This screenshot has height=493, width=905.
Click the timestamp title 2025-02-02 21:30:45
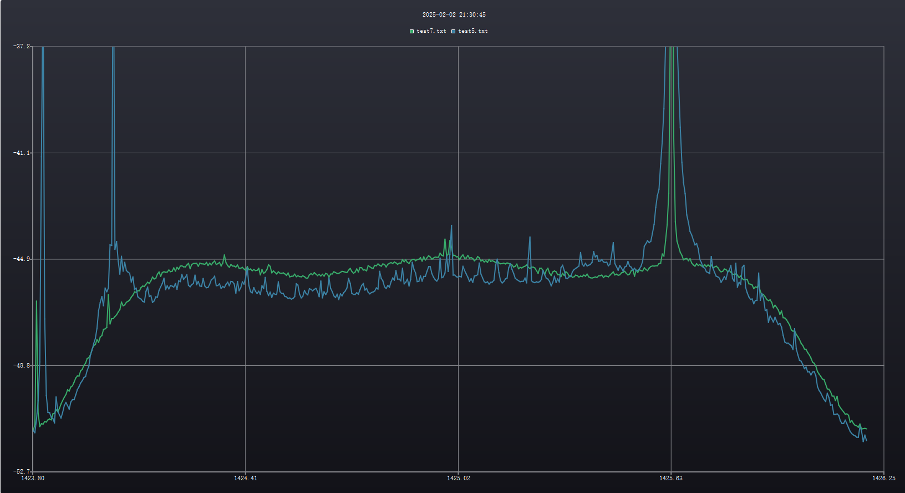454,14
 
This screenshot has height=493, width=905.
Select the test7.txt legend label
431,31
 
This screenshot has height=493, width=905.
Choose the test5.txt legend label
473,31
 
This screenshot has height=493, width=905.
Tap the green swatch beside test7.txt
411,31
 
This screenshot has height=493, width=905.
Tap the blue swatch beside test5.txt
453,31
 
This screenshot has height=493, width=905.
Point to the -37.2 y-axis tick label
22,47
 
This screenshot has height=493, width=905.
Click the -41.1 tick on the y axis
22,153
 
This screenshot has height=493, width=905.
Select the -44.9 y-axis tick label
22,259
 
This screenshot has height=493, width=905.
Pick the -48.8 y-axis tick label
22,365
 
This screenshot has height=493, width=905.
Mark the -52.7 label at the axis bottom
22,472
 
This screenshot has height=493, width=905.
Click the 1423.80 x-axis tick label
33,478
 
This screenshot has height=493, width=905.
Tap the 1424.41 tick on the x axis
246,478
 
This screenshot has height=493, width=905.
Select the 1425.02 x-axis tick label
459,478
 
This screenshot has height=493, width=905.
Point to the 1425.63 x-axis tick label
671,478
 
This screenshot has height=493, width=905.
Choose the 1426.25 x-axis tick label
883,478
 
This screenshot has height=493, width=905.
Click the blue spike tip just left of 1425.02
451,225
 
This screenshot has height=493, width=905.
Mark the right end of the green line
866,429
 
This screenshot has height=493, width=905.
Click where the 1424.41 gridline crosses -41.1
246,153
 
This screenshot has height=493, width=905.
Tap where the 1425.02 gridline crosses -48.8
459,365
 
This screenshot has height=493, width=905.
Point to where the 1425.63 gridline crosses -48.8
671,365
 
